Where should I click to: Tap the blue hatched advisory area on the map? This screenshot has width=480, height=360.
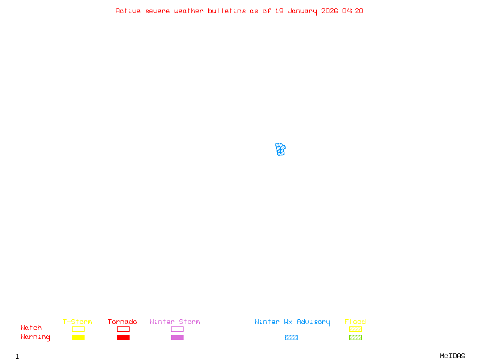[280, 149]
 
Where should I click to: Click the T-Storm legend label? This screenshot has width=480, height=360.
[77, 322]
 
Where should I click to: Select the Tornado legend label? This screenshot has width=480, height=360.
[122, 322]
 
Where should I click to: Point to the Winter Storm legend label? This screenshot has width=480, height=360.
[175, 322]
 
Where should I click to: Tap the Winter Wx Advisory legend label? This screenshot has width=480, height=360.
[292, 322]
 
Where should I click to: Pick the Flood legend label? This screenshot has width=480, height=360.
[355, 322]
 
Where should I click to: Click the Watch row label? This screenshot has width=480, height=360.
[31, 328]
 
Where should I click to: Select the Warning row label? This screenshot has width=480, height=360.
[35, 337]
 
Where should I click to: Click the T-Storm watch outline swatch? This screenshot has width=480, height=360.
[78, 329]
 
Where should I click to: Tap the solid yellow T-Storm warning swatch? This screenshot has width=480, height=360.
[78, 337]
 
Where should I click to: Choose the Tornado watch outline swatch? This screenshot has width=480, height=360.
[123, 329]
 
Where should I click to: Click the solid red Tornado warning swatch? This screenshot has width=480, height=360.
[123, 337]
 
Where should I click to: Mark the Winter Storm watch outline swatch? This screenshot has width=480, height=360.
[177, 329]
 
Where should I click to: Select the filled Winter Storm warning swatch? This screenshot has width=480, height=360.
[177, 337]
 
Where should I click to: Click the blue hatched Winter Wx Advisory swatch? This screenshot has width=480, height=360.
[291, 337]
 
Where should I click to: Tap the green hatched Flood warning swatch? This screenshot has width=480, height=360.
[355, 337]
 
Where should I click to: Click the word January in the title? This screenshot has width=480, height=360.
[304, 11]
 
